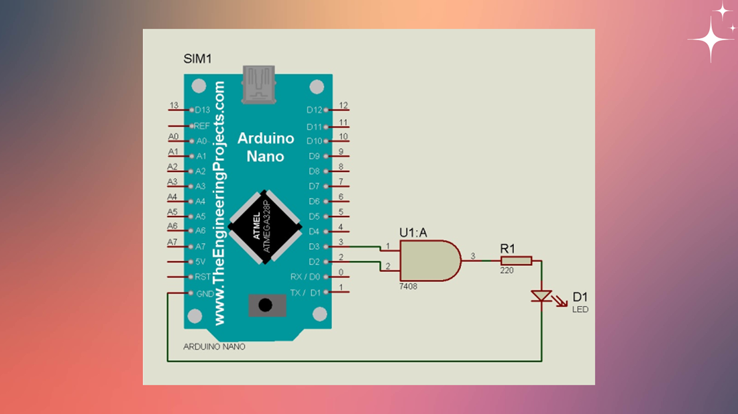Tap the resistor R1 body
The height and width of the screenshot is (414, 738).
pos(516,261)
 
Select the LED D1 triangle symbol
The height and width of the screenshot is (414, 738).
pos(541,295)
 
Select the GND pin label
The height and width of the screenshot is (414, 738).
pos(205,293)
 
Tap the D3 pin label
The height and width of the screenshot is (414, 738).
pos(314,247)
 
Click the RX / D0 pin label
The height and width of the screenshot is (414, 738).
pos(305,277)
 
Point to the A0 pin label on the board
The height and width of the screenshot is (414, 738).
pos(201,141)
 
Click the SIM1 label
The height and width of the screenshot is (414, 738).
pos(198,59)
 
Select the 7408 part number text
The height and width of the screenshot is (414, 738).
pos(409,285)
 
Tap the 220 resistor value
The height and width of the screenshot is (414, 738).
pos(507,271)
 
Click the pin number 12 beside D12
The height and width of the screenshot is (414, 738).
pos(344,106)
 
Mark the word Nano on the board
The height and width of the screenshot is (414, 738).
pos(266,156)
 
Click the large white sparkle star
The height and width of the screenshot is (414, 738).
pos(710,40)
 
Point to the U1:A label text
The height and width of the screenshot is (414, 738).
pos(413,232)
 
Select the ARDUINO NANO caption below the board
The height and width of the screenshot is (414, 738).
pos(215,347)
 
